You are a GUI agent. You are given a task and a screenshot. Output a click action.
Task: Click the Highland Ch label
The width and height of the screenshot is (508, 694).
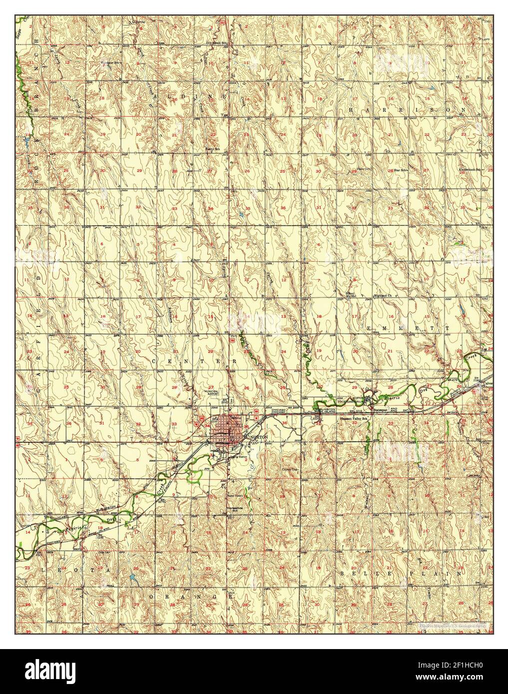(x=385, y=296)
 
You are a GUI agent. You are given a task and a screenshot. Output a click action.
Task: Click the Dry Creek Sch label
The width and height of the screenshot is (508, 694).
(x=218, y=43)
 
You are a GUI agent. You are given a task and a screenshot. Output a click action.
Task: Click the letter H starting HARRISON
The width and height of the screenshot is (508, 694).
(x=351, y=109)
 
